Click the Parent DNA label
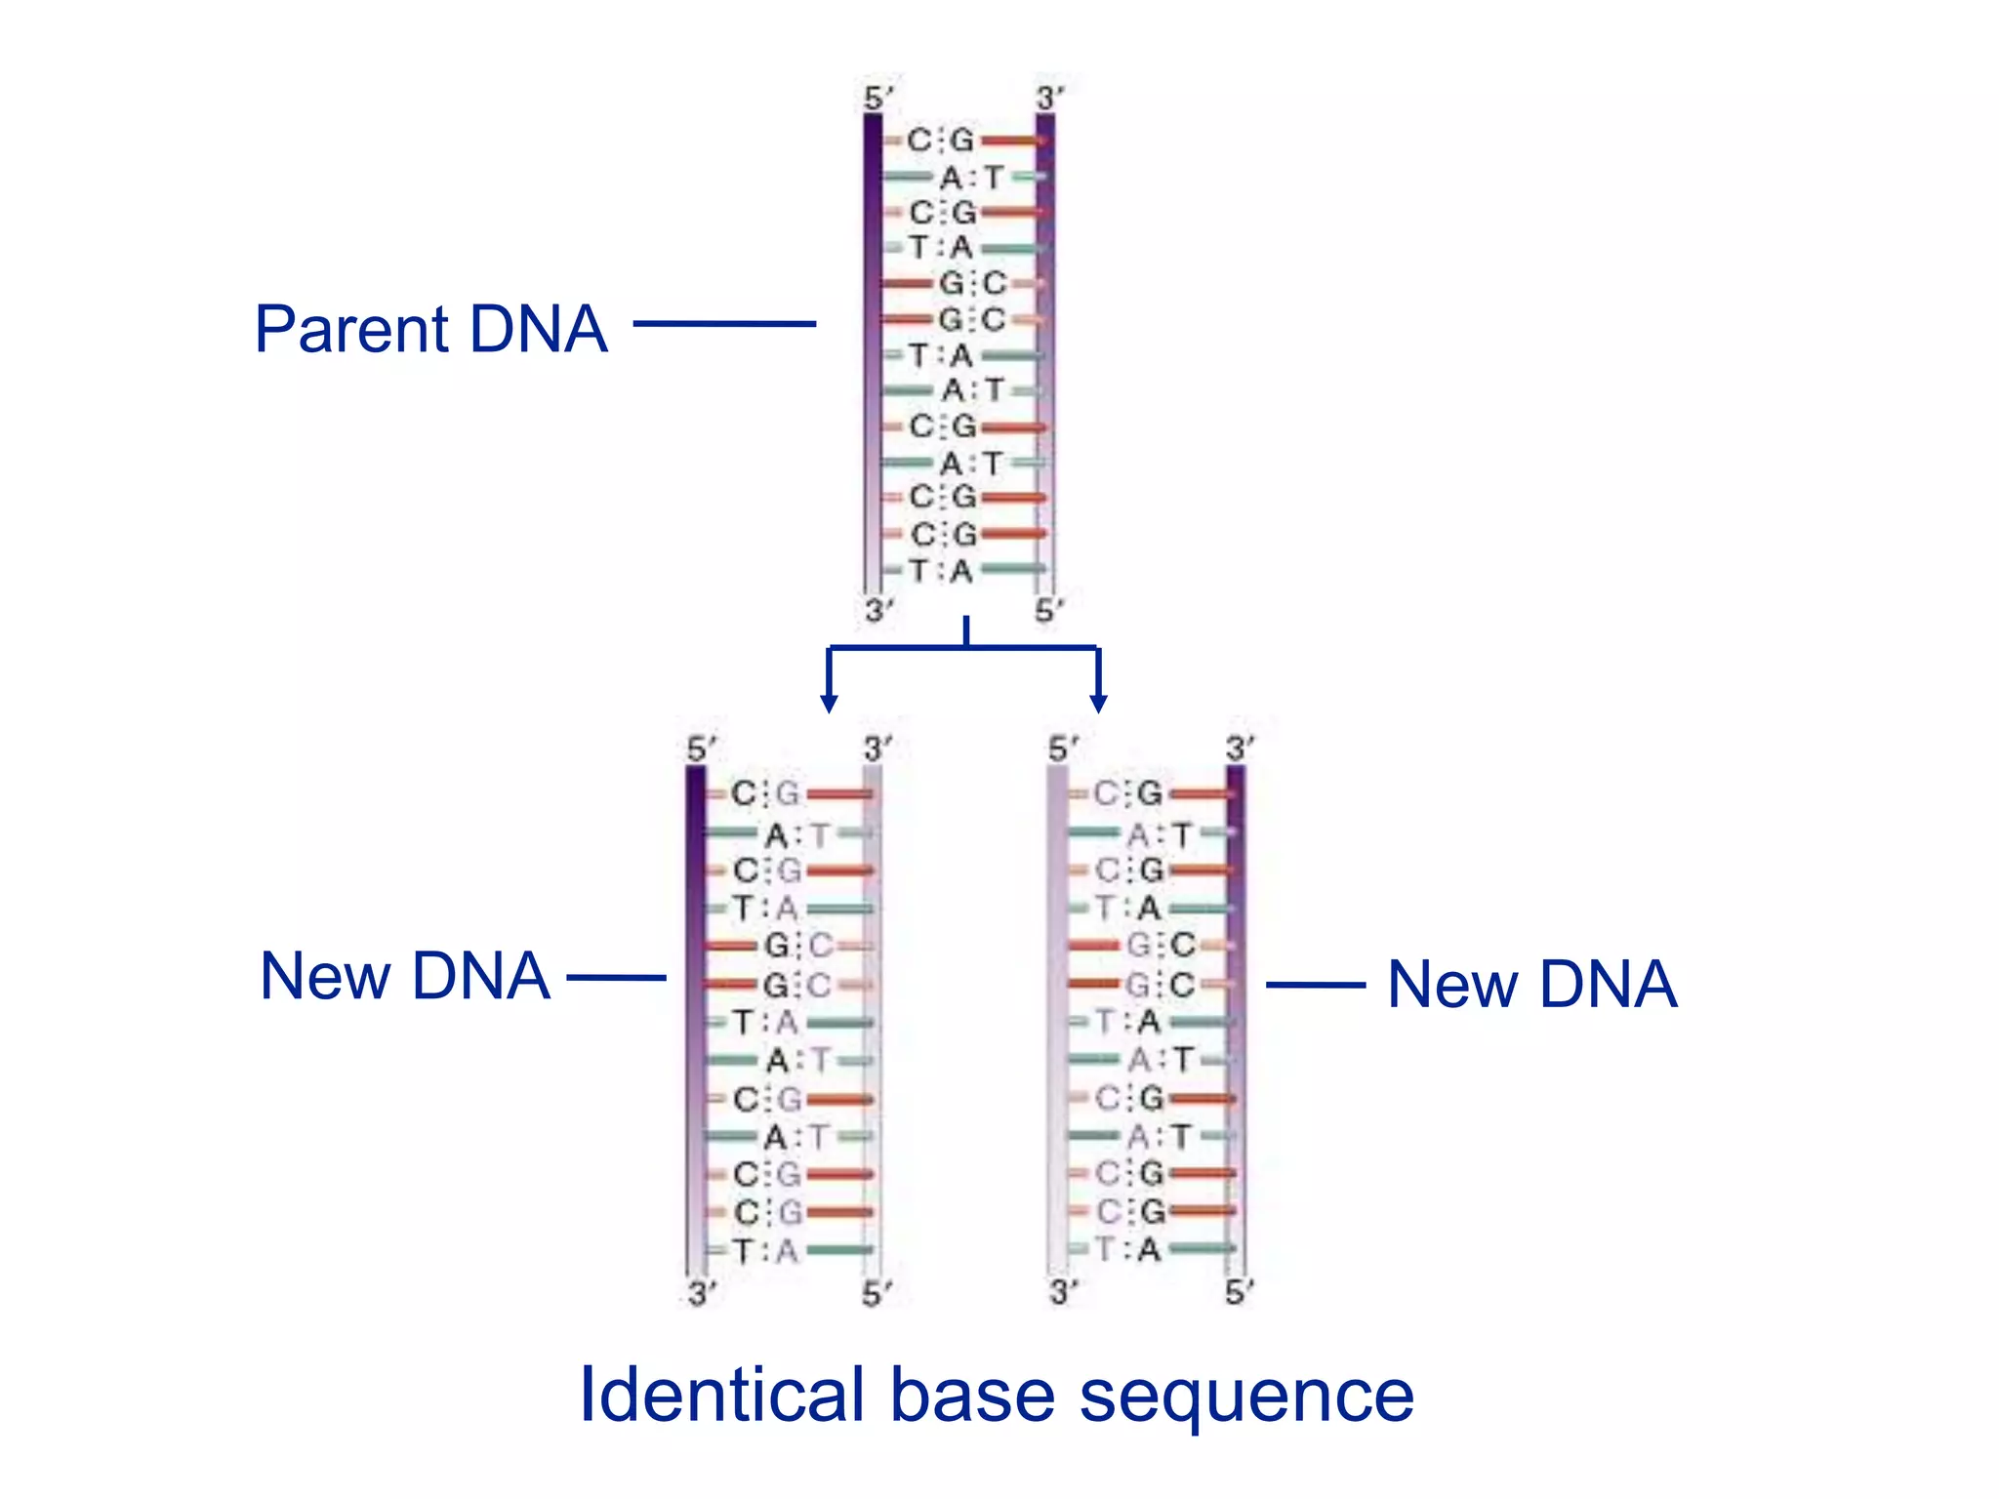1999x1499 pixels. coord(430,329)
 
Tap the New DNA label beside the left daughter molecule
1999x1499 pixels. coord(405,976)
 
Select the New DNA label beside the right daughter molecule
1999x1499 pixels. coord(1531,984)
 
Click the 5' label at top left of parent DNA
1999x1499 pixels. coord(877,99)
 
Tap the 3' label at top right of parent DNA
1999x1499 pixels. coord(1049,99)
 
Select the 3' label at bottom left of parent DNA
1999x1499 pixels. coord(877,611)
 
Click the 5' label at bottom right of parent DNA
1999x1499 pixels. coord(1048,611)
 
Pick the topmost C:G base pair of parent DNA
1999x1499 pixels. coord(941,141)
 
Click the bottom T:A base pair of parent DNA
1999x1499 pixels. coord(941,571)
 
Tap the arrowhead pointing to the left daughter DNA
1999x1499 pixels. coord(829,703)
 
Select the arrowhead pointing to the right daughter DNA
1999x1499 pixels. coord(1098,703)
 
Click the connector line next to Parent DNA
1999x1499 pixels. coord(724,323)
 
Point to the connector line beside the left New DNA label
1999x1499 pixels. coord(616,977)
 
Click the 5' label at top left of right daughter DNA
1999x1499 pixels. coord(1062,749)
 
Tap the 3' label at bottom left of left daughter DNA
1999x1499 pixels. coord(701,1294)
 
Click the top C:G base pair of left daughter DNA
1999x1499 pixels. coord(765,793)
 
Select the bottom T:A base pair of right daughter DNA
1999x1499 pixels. coord(1128,1249)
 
